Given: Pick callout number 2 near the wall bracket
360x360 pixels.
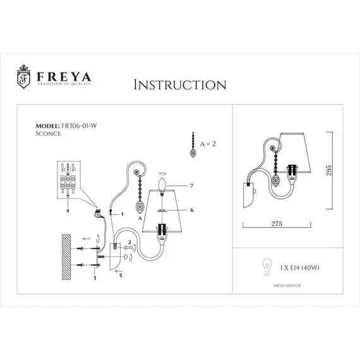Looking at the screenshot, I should [129, 242].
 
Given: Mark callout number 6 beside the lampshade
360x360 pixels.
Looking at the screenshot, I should [190, 210].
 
